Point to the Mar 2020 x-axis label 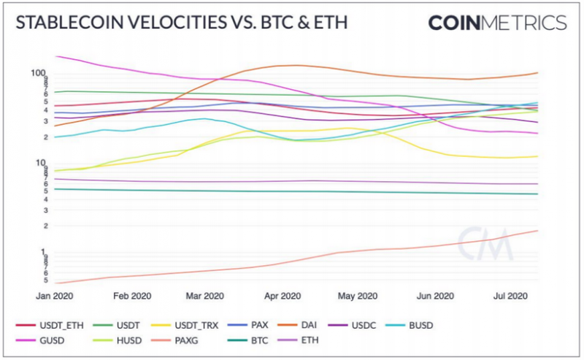(204, 296)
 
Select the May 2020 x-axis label (357, 296)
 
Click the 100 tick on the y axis (39, 72)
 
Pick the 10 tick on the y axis (41, 162)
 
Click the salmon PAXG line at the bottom (292, 261)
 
